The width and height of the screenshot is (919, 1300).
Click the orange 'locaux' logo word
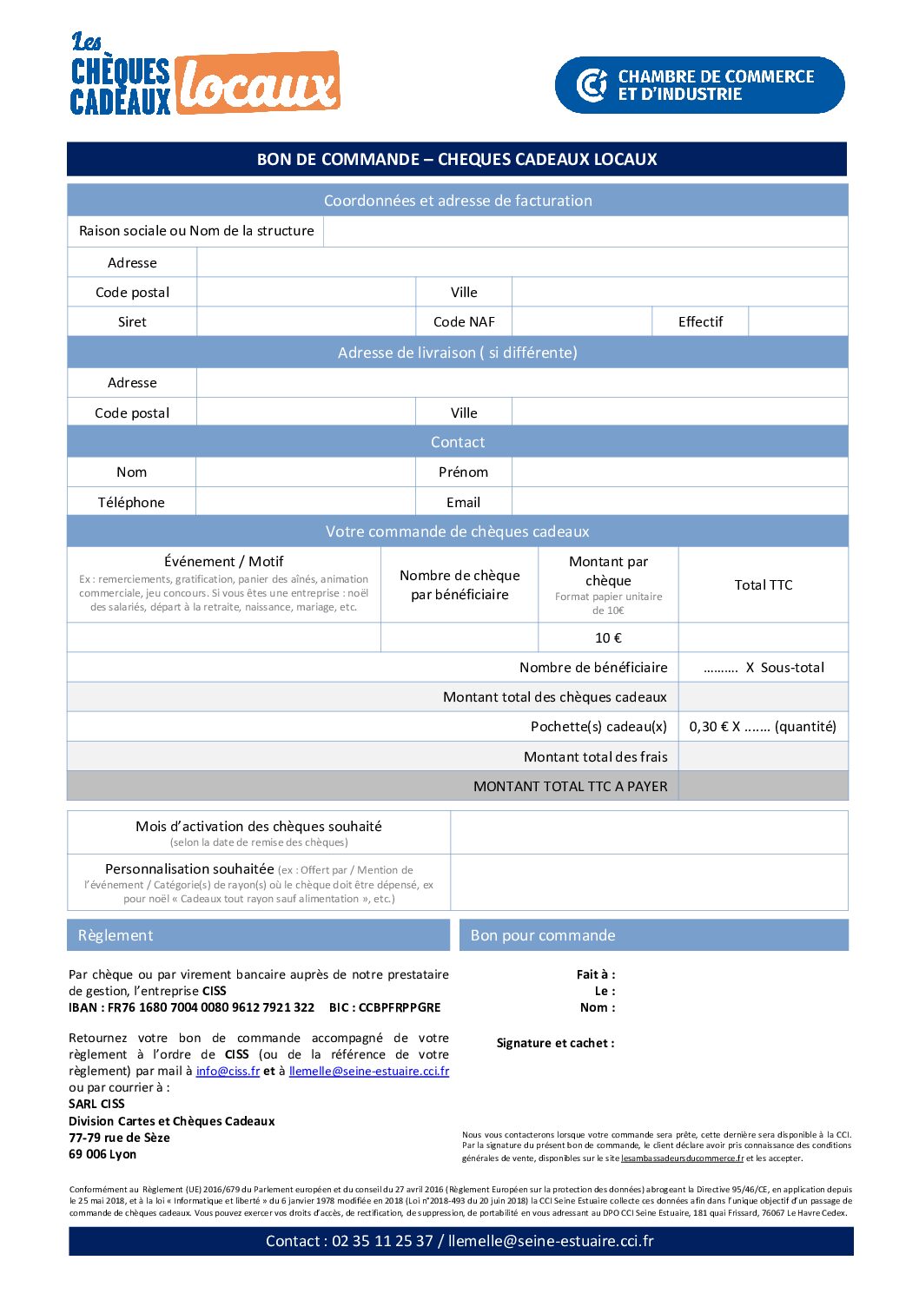(258, 85)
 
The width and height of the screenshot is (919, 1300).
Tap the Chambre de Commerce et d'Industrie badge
(699, 85)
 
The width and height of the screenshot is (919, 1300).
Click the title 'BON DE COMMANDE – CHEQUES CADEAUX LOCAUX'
(457, 159)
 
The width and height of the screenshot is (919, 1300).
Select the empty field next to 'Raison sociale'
(585, 231)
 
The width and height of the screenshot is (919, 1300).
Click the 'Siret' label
(132, 322)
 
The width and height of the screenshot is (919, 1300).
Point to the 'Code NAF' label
(464, 322)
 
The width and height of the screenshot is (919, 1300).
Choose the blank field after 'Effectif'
(797, 322)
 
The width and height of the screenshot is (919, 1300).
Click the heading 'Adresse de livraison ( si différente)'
(457, 353)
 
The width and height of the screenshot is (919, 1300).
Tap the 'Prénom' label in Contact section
(463, 472)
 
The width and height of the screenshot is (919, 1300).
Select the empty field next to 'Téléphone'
(306, 502)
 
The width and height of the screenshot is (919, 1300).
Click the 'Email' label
(463, 503)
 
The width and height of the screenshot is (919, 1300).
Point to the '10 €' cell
(608, 638)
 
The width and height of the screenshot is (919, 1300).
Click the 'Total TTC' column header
(763, 585)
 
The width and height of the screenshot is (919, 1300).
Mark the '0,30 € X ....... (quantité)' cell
(763, 727)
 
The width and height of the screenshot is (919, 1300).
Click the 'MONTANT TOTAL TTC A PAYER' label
(570, 787)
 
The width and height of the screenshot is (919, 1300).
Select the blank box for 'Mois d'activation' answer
(648, 833)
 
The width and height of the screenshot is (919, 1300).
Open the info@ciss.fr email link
(228, 1072)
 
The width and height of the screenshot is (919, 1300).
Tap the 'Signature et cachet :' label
(555, 1043)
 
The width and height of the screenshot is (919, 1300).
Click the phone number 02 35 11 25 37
(382, 1241)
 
